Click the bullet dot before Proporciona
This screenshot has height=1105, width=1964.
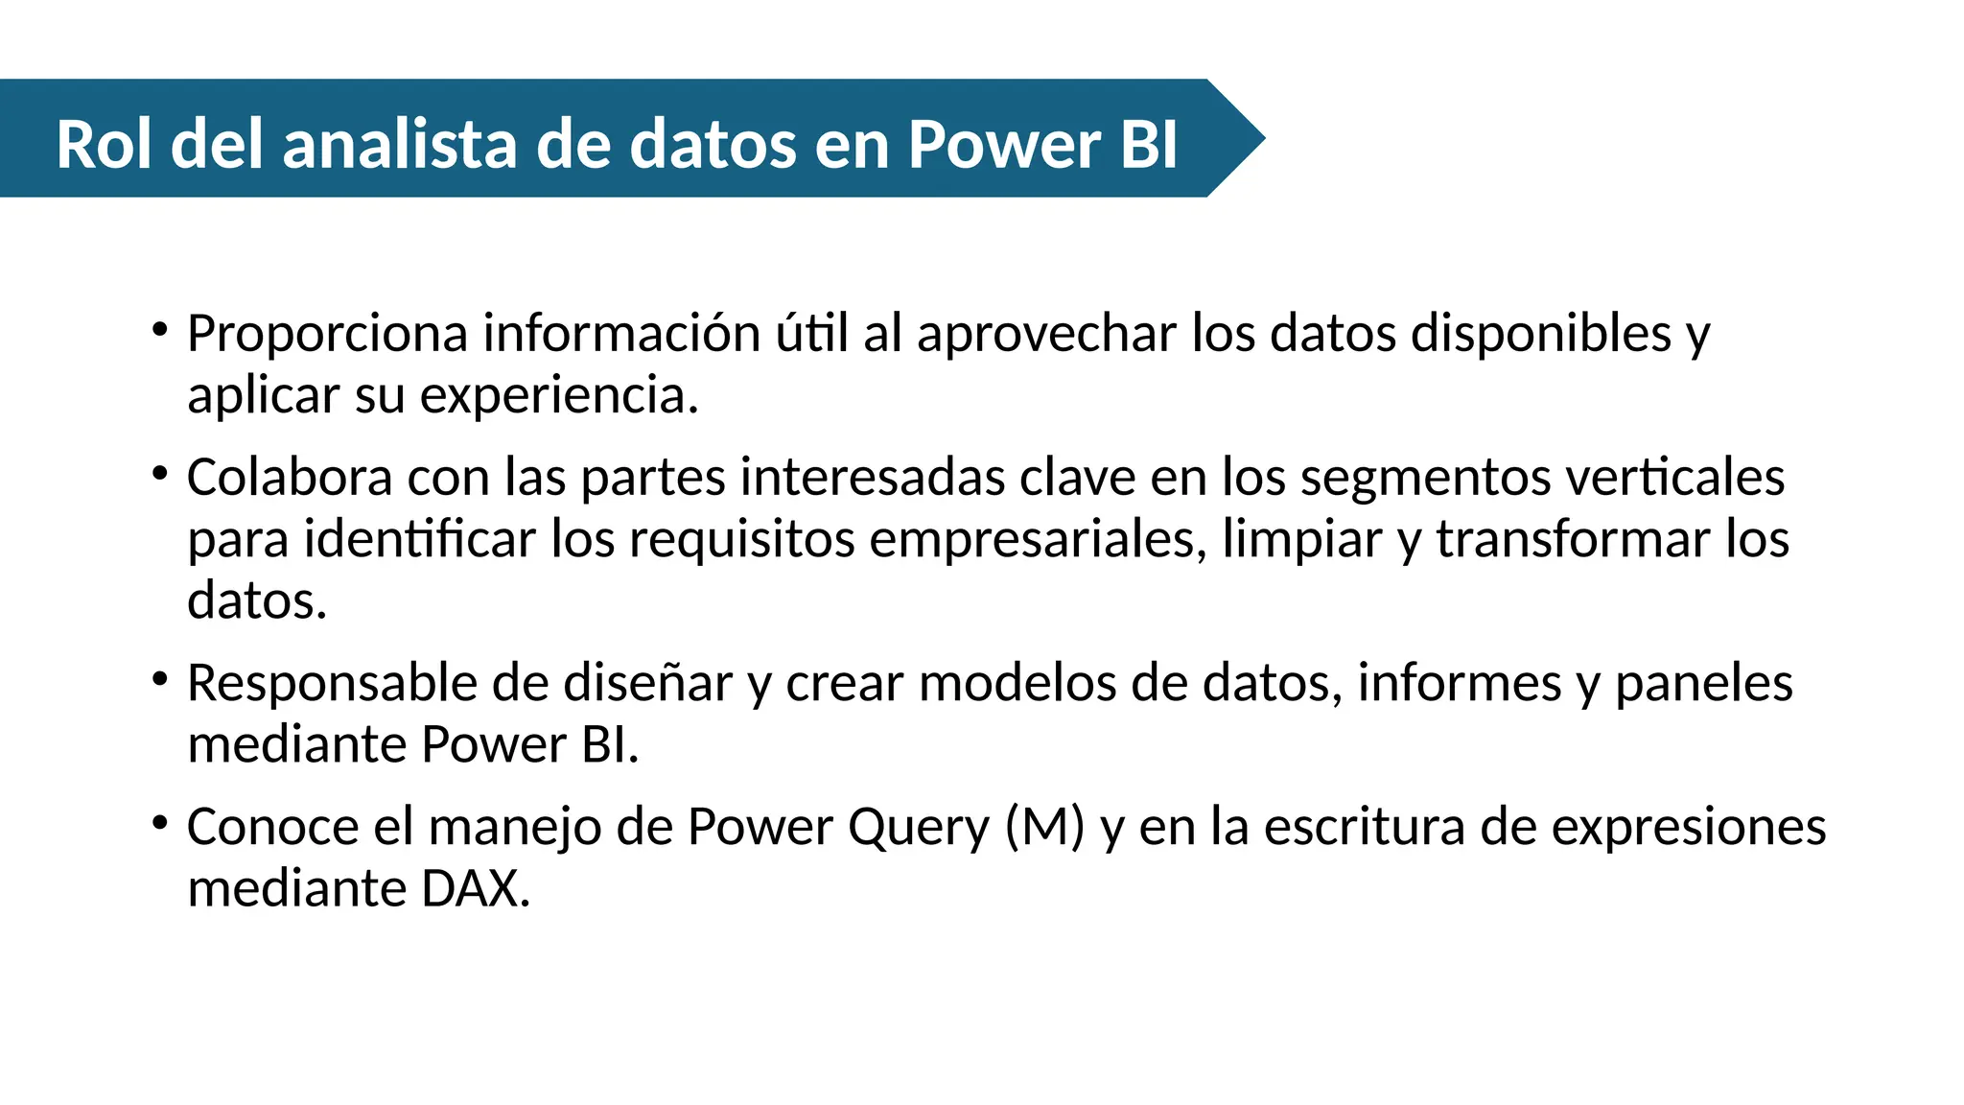click(x=160, y=330)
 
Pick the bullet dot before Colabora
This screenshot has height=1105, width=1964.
click(x=160, y=474)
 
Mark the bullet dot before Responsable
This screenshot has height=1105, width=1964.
click(x=160, y=680)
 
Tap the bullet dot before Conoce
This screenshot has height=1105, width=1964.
click(x=160, y=823)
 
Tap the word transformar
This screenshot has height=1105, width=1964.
click(x=1573, y=539)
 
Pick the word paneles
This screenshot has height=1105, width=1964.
click(x=1704, y=683)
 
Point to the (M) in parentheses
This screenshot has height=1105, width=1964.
click(x=1044, y=827)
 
